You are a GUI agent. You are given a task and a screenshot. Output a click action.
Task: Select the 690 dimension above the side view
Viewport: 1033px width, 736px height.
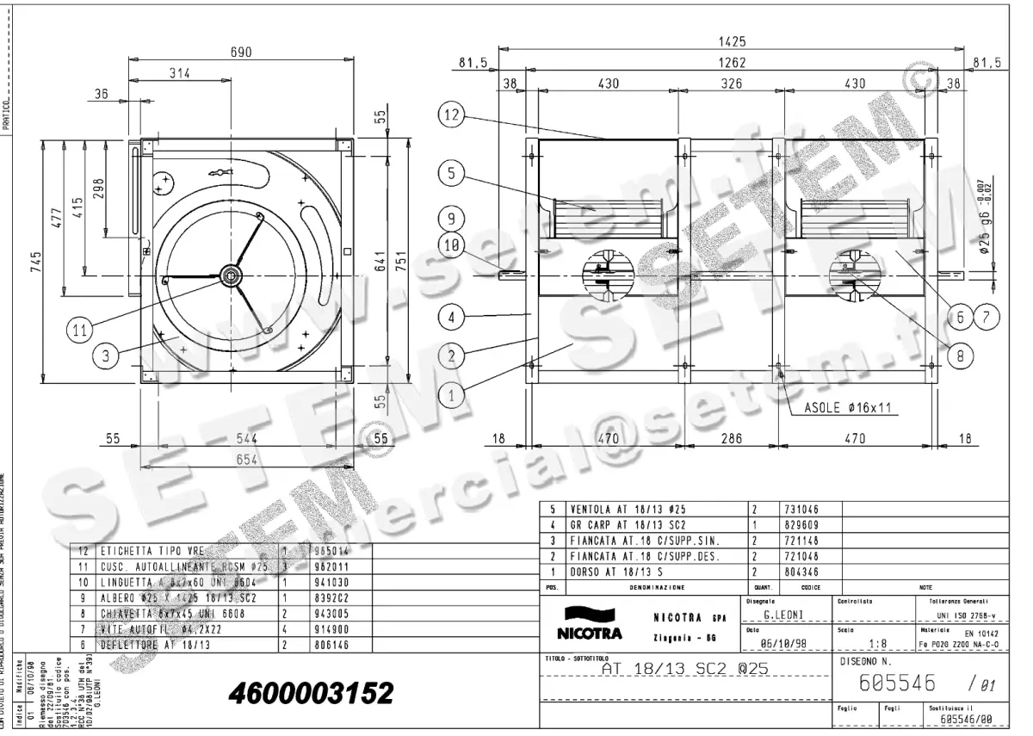click(x=240, y=53)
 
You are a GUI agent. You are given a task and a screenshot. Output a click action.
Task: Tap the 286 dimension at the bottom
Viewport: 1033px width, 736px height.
click(x=732, y=438)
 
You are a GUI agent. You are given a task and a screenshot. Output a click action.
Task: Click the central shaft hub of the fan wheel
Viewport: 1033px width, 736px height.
click(x=232, y=275)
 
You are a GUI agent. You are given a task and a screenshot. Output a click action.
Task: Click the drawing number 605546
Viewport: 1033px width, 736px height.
click(x=898, y=683)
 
